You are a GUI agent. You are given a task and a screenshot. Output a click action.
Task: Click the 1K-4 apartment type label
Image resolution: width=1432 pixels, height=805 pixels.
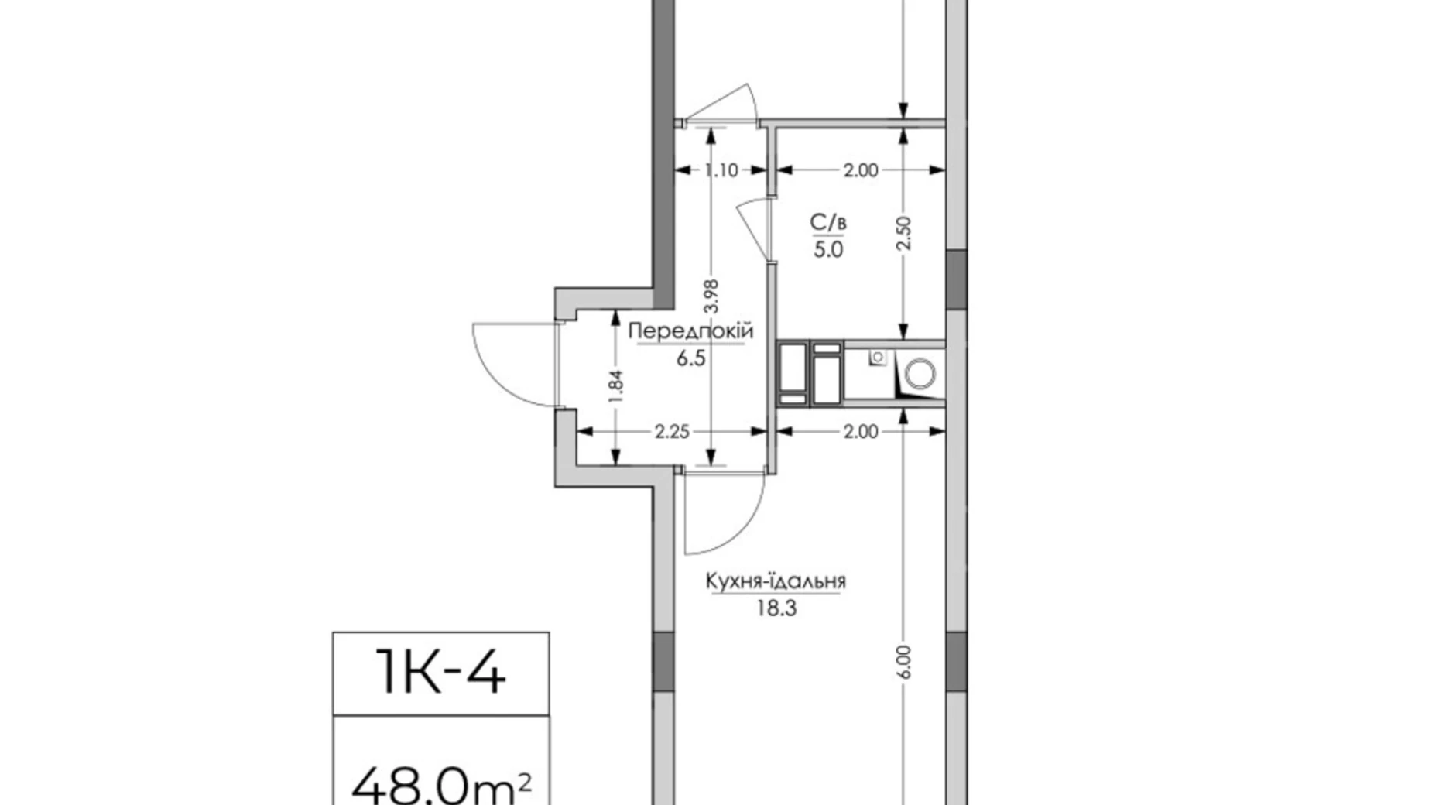pyautogui.click(x=440, y=673)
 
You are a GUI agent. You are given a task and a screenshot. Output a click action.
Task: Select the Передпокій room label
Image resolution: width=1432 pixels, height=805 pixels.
pyautogui.click(x=690, y=331)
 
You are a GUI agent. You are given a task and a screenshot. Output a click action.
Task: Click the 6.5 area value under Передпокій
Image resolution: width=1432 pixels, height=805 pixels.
pyautogui.click(x=690, y=358)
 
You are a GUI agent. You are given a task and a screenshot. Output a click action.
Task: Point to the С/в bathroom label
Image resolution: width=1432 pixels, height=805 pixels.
pyautogui.click(x=827, y=223)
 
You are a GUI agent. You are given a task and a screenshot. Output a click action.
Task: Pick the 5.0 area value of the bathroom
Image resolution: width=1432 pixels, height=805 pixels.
pyautogui.click(x=827, y=250)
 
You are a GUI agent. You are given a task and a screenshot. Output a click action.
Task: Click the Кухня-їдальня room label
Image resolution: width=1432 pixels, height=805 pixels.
pyautogui.click(x=776, y=581)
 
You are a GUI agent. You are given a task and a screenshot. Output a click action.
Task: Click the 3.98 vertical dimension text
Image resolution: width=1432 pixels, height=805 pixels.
pyautogui.click(x=712, y=295)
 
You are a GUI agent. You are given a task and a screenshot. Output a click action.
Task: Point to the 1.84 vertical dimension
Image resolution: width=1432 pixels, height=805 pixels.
pyautogui.click(x=616, y=386)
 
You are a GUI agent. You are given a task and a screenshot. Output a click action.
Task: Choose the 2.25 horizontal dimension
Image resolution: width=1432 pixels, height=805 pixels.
pyautogui.click(x=672, y=432)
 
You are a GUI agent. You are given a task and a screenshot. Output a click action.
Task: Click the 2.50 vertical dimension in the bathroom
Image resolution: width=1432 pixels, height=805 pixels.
pyautogui.click(x=904, y=233)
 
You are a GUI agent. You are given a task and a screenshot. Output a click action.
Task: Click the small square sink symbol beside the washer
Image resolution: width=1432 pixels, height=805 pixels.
pyautogui.click(x=878, y=357)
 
